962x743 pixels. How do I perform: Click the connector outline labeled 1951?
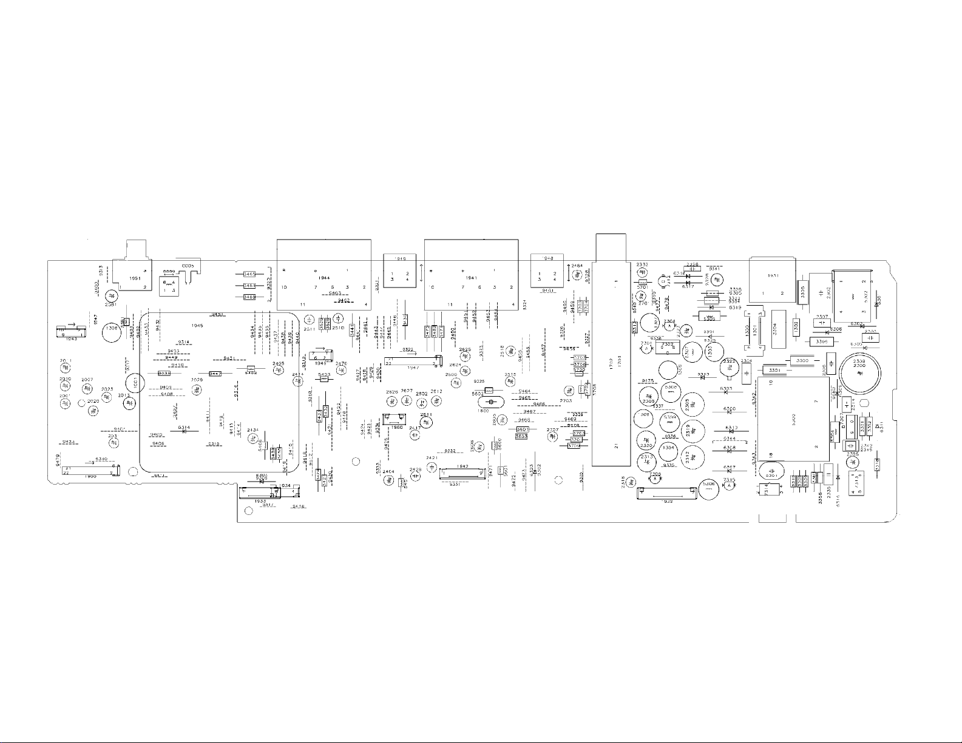click(131, 273)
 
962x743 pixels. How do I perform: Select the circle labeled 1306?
click(111, 332)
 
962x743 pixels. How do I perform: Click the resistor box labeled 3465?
click(249, 274)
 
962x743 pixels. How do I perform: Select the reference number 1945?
click(197, 326)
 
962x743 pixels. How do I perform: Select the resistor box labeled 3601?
click(522, 429)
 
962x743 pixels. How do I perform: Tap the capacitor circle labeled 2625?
click(466, 357)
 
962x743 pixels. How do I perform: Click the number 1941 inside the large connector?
click(472, 278)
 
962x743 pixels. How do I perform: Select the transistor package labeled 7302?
click(668, 348)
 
